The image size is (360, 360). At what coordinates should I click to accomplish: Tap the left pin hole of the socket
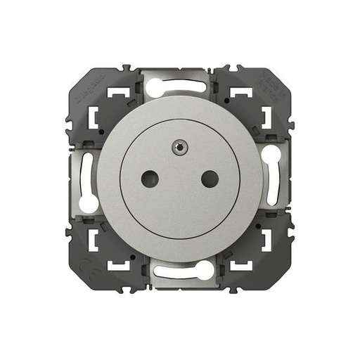click(x=148, y=179)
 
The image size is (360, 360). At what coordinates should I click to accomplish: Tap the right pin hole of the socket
click(x=209, y=179)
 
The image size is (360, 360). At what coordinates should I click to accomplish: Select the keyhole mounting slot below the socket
click(x=180, y=271)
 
